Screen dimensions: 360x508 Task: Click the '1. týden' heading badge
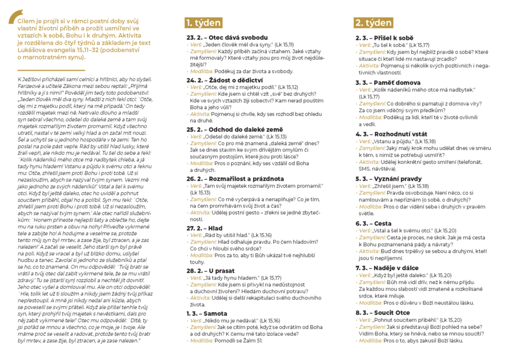tap(203, 23)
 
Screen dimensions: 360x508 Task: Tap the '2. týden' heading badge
tap(373, 23)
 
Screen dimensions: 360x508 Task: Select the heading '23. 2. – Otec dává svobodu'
tap(227, 38)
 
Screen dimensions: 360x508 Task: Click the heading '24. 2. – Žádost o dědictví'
tap(225, 80)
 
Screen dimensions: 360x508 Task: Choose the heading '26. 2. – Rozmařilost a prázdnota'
tap(235, 178)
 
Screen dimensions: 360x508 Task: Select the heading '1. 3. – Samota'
tap(207, 314)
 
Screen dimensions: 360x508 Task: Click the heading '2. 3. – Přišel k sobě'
tap(384, 38)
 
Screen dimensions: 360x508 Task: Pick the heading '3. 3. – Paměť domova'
tap(388, 82)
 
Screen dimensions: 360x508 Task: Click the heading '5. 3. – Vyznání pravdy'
tap(388, 178)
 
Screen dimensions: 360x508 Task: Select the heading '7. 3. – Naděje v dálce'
tap(389, 268)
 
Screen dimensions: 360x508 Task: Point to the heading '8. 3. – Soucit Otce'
tap(383, 313)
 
